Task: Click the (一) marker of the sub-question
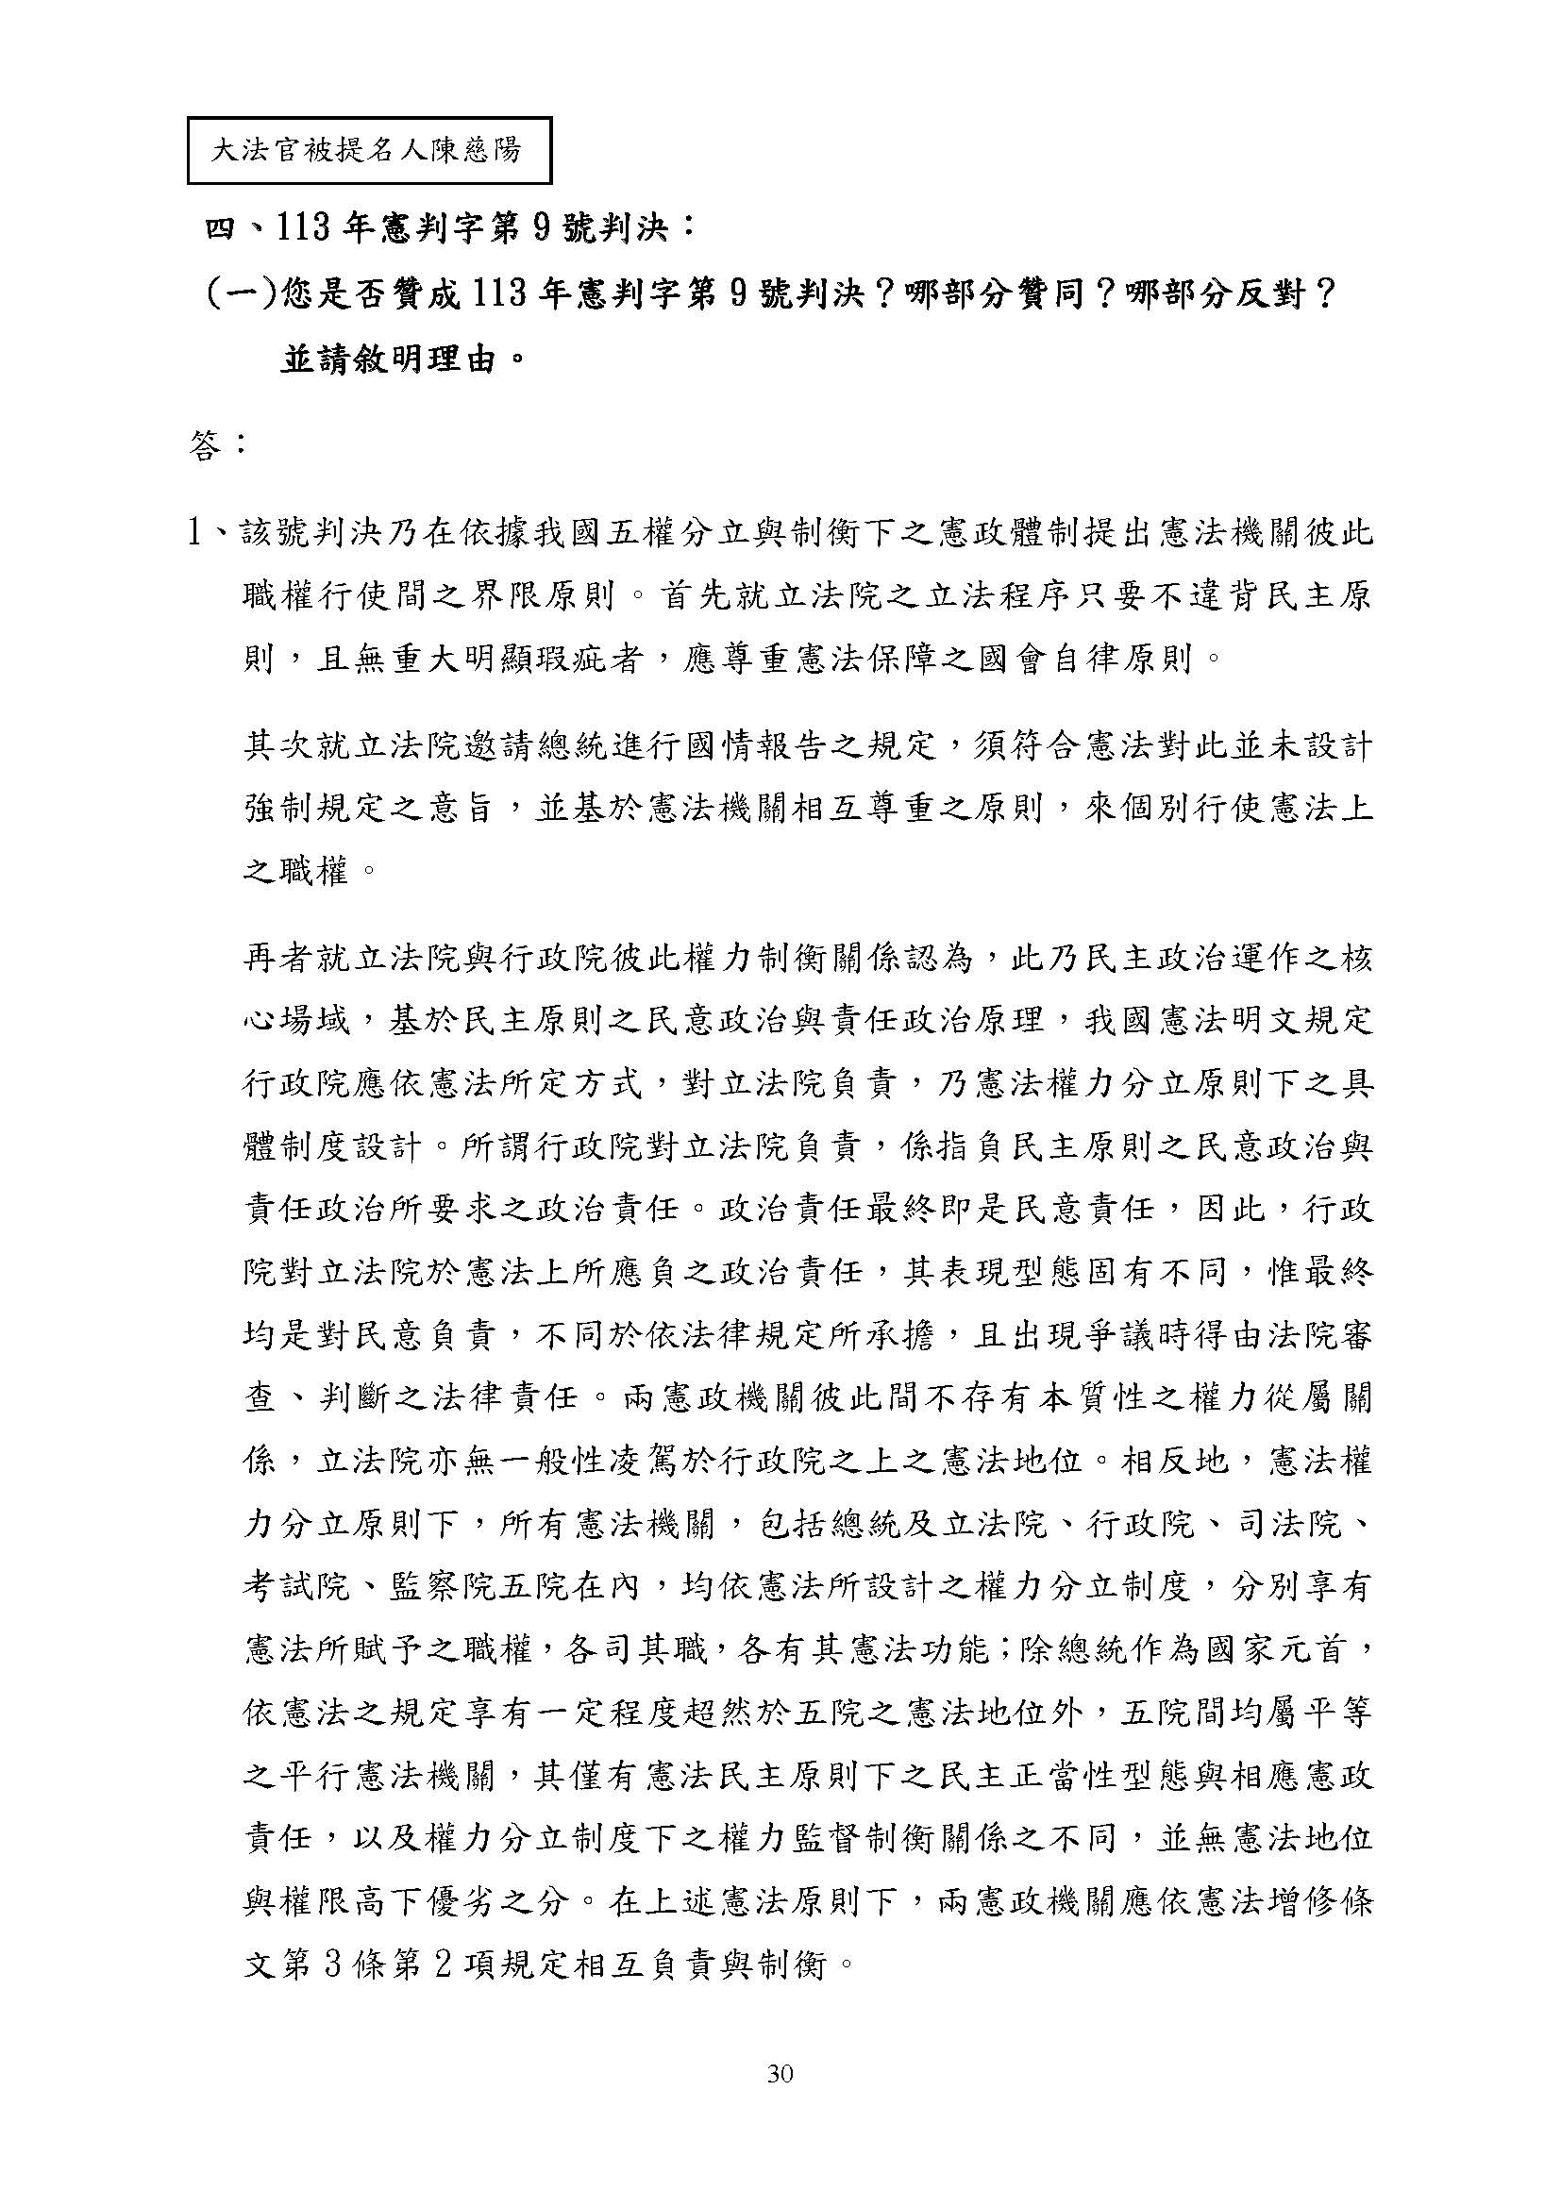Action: (x=240, y=295)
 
